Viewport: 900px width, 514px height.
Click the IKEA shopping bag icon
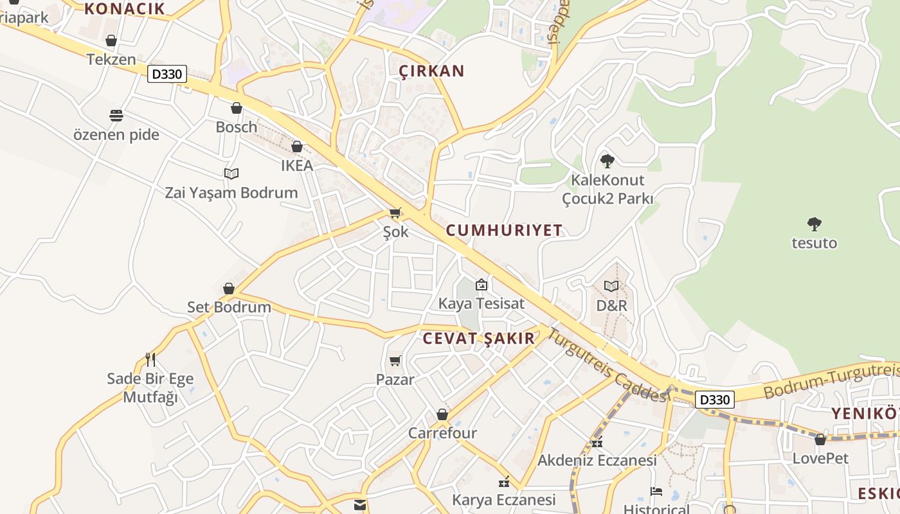click(297, 147)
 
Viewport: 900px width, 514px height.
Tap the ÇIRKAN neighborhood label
click(431, 71)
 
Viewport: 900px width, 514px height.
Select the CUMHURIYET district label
click(504, 230)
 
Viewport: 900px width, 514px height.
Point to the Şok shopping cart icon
click(395, 213)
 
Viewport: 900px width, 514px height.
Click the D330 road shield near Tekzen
click(167, 74)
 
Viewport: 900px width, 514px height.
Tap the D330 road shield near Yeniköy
click(715, 400)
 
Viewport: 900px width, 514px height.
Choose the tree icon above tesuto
click(815, 224)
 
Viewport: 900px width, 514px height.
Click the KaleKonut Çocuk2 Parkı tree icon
click(607, 161)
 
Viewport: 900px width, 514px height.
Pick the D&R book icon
click(611, 286)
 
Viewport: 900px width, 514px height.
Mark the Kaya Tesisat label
click(482, 303)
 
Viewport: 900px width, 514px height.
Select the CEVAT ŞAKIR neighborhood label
click(478, 339)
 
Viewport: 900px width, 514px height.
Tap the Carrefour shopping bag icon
click(442, 414)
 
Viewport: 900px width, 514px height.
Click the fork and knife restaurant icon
click(150, 359)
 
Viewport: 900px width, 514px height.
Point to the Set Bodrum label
click(229, 307)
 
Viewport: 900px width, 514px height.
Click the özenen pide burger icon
click(116, 116)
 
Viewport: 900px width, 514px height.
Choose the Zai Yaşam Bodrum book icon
click(231, 173)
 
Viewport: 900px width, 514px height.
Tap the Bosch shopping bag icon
click(237, 108)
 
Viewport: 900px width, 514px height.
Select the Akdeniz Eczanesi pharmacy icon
click(597, 442)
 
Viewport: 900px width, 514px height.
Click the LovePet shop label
click(820, 459)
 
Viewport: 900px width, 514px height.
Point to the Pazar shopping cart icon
click(395, 361)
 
